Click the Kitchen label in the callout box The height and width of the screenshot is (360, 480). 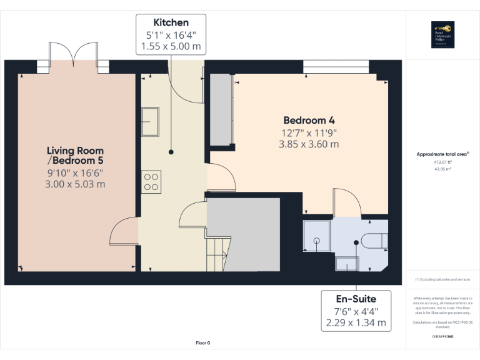(x=171, y=22)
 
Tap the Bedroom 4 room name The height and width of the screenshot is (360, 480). (x=304, y=120)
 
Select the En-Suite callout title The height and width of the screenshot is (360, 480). (x=356, y=299)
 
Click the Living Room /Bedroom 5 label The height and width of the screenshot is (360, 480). (x=75, y=156)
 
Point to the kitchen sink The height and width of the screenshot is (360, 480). (x=150, y=119)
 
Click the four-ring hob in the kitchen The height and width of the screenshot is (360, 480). (x=151, y=181)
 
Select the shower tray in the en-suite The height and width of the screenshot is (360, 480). (x=317, y=236)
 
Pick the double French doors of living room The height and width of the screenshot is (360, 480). (x=74, y=57)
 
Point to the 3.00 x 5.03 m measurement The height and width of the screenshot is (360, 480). (x=75, y=184)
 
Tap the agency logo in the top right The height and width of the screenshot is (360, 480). (x=442, y=34)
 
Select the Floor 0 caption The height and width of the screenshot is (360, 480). (x=203, y=342)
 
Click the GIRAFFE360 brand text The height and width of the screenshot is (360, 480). (x=442, y=336)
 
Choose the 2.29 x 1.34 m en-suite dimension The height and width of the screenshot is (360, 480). (x=356, y=323)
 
